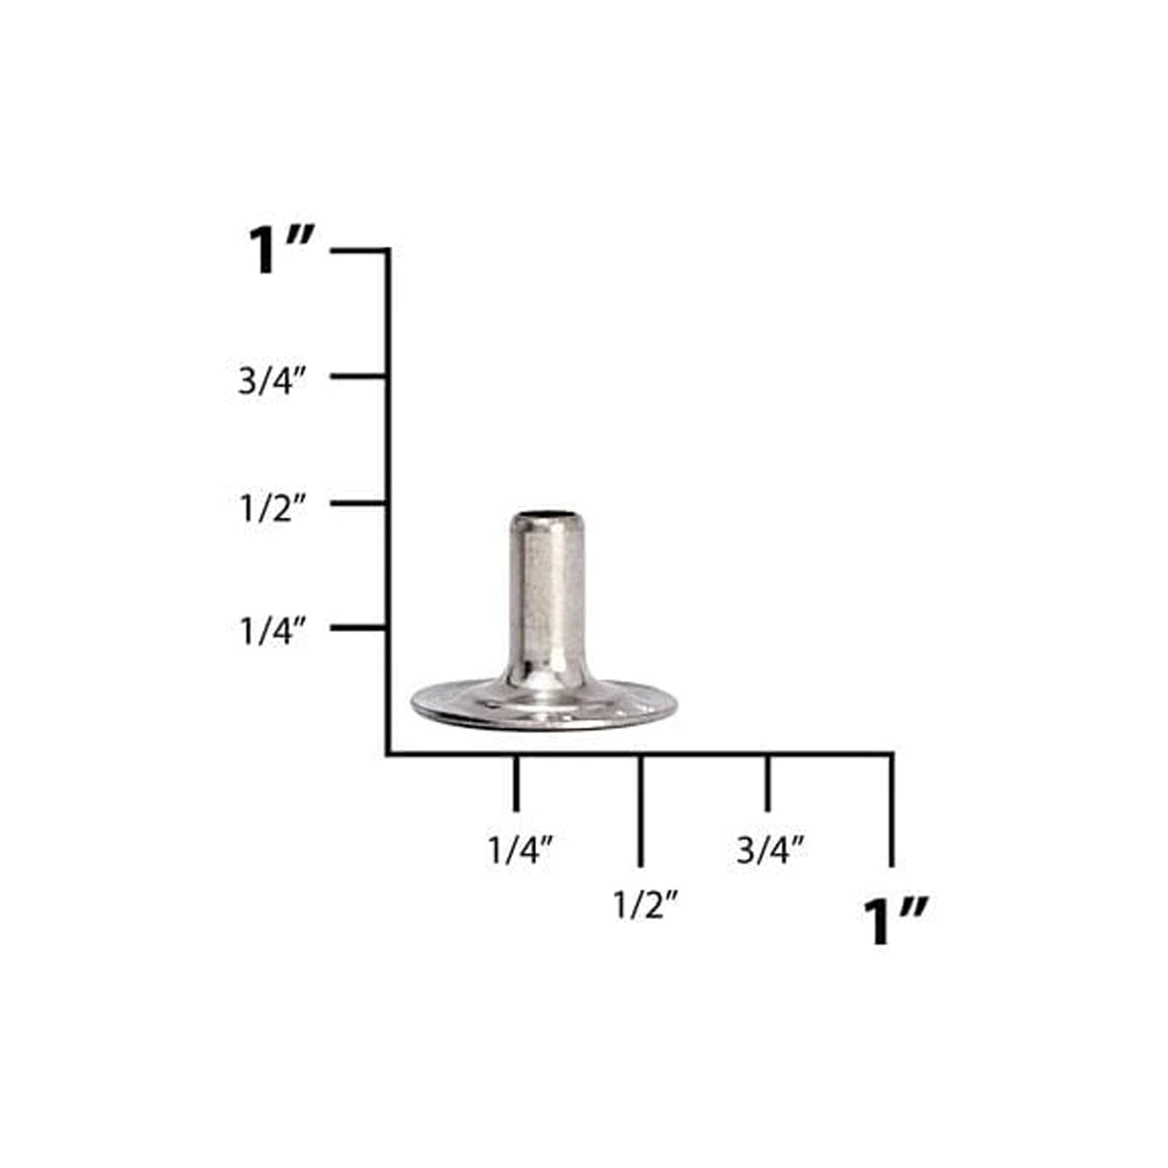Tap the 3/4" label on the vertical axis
coord(272,382)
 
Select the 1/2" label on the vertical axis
coord(272,510)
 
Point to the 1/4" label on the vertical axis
coord(272,632)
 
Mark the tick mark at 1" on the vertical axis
coord(359,251)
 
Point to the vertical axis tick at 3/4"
coord(359,376)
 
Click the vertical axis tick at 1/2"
coord(359,503)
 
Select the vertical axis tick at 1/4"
coord(359,628)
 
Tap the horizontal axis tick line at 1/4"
coord(517,783)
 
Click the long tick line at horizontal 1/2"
coord(641,810)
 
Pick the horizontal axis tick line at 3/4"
coord(767,783)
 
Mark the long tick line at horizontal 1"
coord(892,810)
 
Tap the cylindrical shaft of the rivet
coord(545,597)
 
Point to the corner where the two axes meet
coord(388,753)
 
